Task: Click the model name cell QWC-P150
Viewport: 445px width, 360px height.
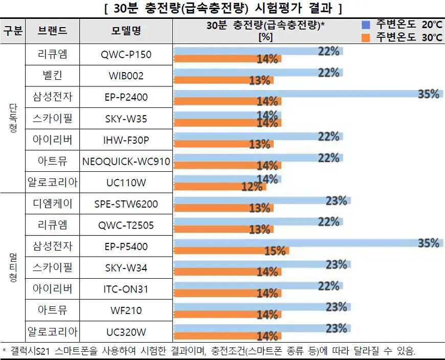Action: [126, 55]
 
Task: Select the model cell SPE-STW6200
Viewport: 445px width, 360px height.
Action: [126, 205]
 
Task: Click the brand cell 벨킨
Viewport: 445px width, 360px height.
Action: [52, 76]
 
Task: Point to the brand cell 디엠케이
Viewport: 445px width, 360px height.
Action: [52, 205]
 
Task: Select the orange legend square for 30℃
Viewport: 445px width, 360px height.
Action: [366, 37]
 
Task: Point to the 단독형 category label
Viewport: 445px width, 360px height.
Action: [13, 119]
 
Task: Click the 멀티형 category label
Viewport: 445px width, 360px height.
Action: [13, 267]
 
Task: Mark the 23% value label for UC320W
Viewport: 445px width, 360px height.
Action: [337, 328]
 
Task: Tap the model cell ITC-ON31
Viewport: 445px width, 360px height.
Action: [126, 289]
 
